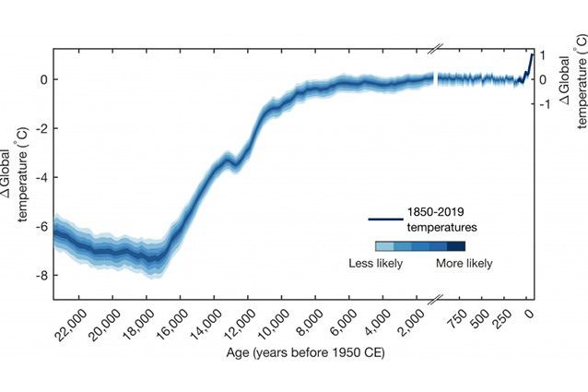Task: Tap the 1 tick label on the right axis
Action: [546, 55]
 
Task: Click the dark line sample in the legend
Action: [382, 219]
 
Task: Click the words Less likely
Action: [374, 264]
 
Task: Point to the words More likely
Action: [465, 264]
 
